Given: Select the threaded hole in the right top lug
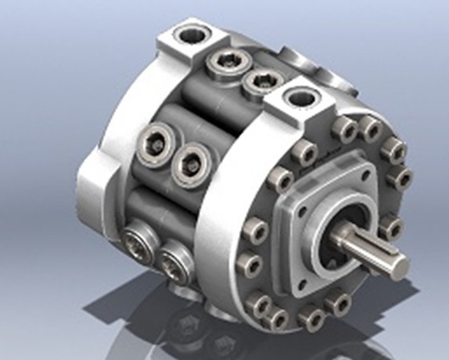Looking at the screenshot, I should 303,98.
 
